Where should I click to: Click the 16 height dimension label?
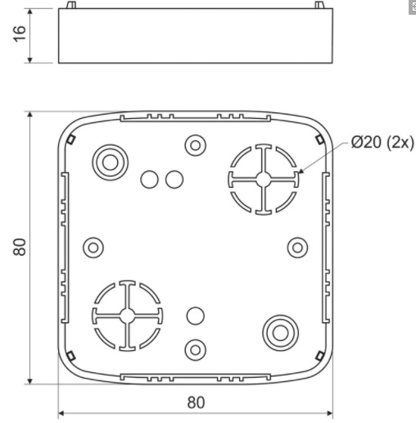(20, 34)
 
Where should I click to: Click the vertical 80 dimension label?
(20, 247)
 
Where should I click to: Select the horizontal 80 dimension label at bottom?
(196, 403)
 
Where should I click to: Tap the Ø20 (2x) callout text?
(382, 143)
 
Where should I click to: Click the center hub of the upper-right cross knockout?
(264, 180)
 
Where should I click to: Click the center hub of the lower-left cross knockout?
(127, 316)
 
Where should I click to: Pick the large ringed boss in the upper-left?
(111, 162)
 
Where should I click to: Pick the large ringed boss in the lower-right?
(280, 333)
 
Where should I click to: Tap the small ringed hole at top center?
(196, 145)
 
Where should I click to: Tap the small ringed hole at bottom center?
(196, 350)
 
